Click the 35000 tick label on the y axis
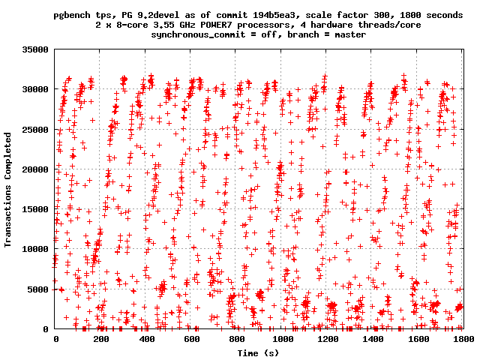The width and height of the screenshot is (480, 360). tap(34, 49)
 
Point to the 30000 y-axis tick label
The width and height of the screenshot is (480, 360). tap(34, 89)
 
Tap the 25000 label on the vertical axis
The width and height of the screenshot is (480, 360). tap(34, 129)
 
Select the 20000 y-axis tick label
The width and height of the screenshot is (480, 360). tap(34, 169)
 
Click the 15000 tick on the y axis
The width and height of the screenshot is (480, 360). tap(34, 209)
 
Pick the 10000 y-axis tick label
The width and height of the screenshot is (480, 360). tap(34, 249)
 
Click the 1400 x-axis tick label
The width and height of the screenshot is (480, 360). tap(373, 340)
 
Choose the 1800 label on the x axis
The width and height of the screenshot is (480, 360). tap(463, 340)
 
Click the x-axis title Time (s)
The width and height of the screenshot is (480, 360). tap(259, 352)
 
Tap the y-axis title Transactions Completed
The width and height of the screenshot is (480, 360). tap(9, 189)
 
